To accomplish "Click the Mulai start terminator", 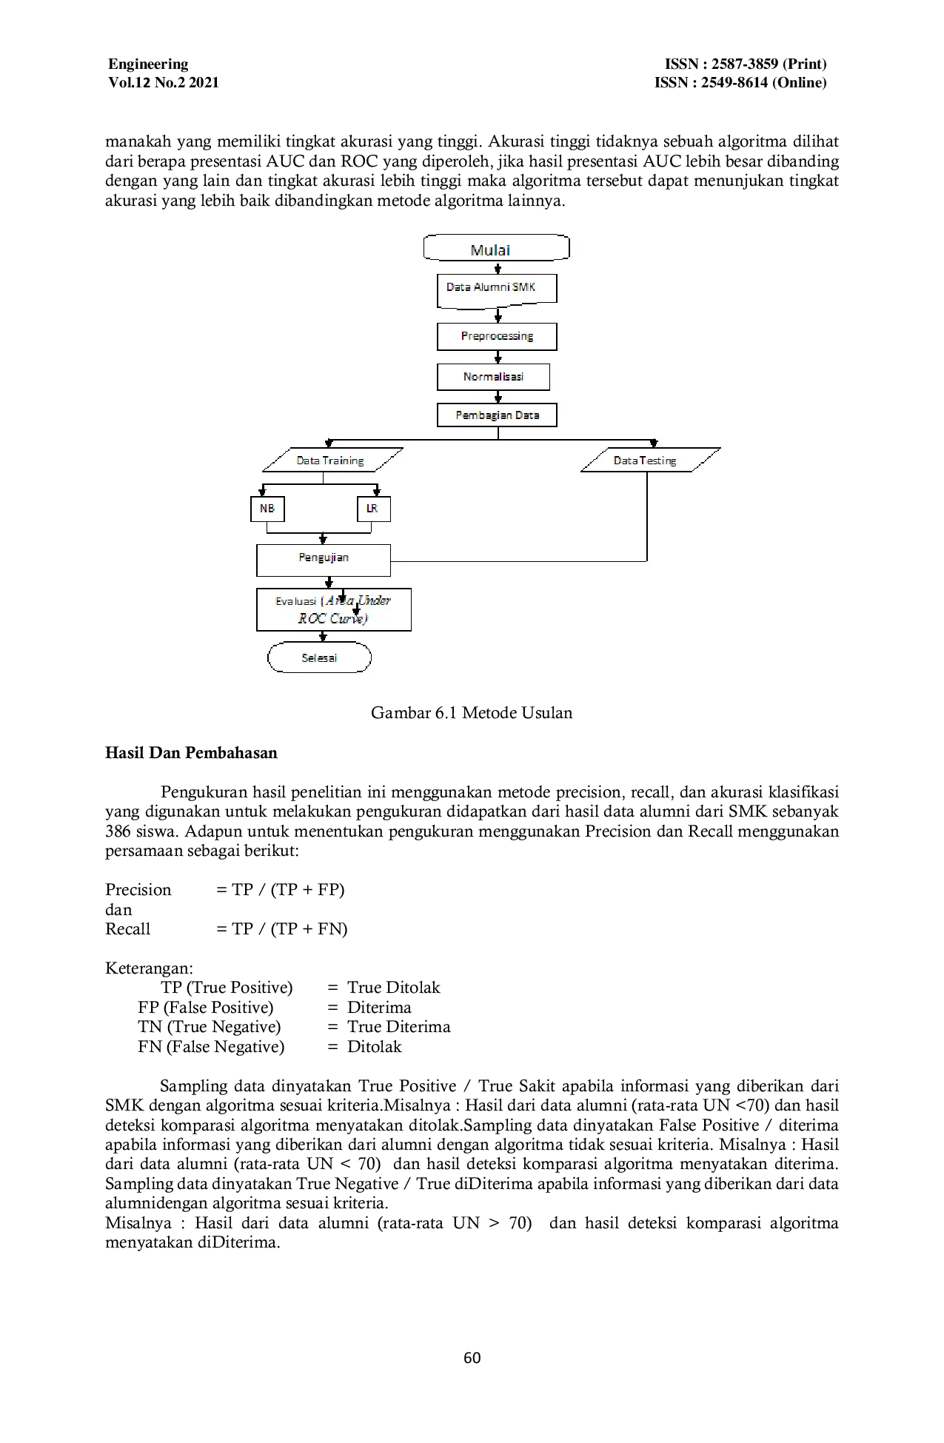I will click(x=496, y=249).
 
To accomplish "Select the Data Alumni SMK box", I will click(x=496, y=289).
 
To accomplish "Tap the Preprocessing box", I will click(x=497, y=336).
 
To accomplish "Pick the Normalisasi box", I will click(x=493, y=377).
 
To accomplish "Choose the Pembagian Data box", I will click(x=497, y=415).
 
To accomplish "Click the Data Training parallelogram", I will click(x=332, y=461).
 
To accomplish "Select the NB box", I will click(x=267, y=509).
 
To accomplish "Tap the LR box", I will click(x=373, y=509).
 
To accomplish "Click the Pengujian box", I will click(x=324, y=560).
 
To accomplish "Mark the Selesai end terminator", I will click(x=319, y=657).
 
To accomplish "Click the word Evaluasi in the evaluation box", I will click(x=295, y=601).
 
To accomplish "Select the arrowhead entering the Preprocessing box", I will click(x=498, y=318).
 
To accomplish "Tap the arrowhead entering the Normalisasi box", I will click(x=498, y=359).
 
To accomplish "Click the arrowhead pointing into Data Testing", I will click(x=653, y=443).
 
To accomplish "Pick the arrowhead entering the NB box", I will click(x=262, y=492).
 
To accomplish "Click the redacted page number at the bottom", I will click(x=473, y=1359).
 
